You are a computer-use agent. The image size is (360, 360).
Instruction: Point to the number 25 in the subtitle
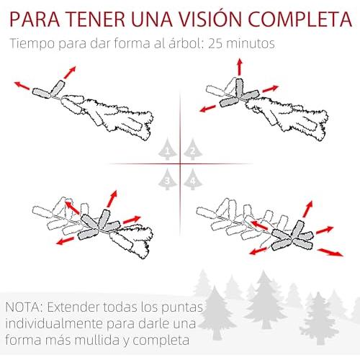pos(215,44)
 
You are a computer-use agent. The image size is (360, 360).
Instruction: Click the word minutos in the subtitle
pos(251,44)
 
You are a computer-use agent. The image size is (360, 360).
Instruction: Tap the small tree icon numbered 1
pos(168,149)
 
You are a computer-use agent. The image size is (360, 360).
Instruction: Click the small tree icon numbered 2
pos(193,149)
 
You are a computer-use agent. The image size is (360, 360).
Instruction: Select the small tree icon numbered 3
pos(168,179)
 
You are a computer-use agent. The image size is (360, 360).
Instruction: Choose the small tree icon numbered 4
pos(193,179)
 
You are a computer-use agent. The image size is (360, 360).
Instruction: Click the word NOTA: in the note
pos(24,307)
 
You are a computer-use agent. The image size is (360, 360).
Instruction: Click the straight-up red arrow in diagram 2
pos(240,67)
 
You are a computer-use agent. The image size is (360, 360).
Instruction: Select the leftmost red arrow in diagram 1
pos(22,86)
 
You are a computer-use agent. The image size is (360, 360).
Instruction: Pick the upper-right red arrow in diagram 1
pos(70,72)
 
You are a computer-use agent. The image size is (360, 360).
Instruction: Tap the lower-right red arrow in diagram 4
pos(330,252)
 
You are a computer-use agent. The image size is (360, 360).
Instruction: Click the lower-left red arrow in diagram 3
pos(65,240)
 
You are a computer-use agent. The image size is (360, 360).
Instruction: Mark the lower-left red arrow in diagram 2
pos(208,109)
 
